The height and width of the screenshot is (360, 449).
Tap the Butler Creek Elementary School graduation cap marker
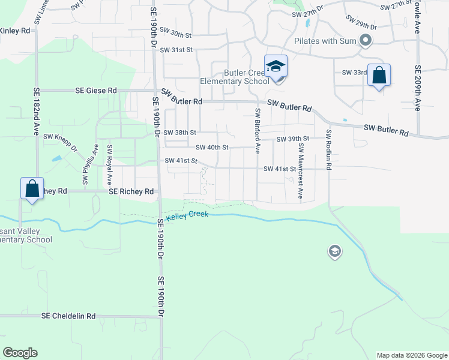pyautogui.click(x=276, y=66)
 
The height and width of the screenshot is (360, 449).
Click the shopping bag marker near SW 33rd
pyautogui.click(x=379, y=76)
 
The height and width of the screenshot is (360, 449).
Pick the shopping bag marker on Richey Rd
pyautogui.click(x=32, y=189)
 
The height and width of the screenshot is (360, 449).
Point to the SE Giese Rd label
pyautogui.click(x=96, y=91)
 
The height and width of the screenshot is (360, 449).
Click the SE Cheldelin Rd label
pyautogui.click(x=68, y=316)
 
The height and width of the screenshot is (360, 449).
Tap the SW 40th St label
pyautogui.click(x=212, y=147)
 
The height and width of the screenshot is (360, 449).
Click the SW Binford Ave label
pyautogui.click(x=258, y=130)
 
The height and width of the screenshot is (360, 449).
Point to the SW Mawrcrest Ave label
pyautogui.click(x=301, y=171)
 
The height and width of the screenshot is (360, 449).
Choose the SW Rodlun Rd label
pyautogui.click(x=328, y=149)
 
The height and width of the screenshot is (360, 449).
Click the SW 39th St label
pyautogui.click(x=292, y=139)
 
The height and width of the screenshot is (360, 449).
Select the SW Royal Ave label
pyautogui.click(x=109, y=164)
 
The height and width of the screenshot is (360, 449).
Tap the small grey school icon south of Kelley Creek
pyautogui.click(x=335, y=251)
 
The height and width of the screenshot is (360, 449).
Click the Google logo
pyautogui.click(x=20, y=353)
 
